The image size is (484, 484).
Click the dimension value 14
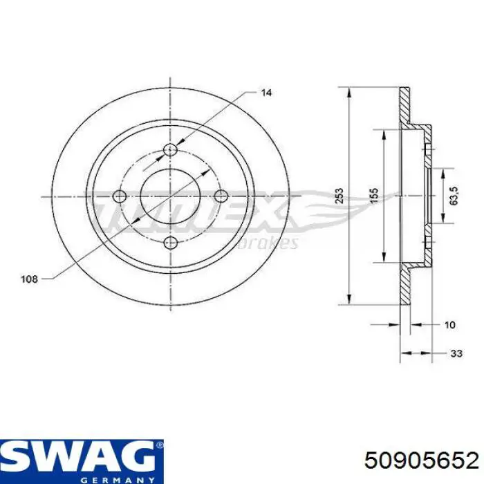pos(266,91)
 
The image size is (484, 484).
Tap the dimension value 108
pos(29,280)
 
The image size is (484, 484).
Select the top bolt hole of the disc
pos(170,151)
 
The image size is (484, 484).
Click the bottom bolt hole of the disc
pos(170,242)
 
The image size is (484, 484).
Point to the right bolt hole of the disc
pos(221,196)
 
